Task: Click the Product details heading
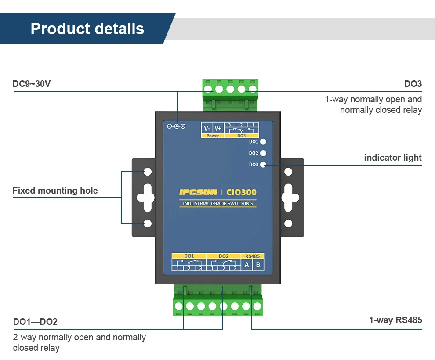[x=87, y=29]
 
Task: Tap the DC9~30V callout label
[x=32, y=84]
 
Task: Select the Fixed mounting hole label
[x=55, y=191]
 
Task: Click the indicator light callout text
[x=392, y=158]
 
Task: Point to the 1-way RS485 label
[x=395, y=320]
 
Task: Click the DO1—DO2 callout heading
[x=35, y=322]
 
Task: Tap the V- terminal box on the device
[x=207, y=128]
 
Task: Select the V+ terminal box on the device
[x=218, y=128]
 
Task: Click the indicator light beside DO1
[x=263, y=142]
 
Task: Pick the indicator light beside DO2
[x=263, y=153]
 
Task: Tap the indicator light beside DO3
[x=263, y=165]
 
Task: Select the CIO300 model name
[x=241, y=192]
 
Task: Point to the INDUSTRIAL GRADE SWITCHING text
[x=217, y=204]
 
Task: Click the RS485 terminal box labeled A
[x=246, y=265]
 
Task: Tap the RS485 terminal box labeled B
[x=258, y=265]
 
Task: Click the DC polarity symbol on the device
[x=176, y=126]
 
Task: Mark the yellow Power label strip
[x=213, y=136]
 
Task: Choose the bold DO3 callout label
[x=413, y=84]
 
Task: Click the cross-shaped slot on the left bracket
[x=148, y=198]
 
